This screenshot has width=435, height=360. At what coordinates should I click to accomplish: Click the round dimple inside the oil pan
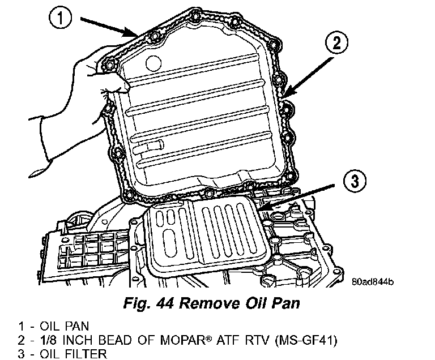(x=153, y=63)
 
